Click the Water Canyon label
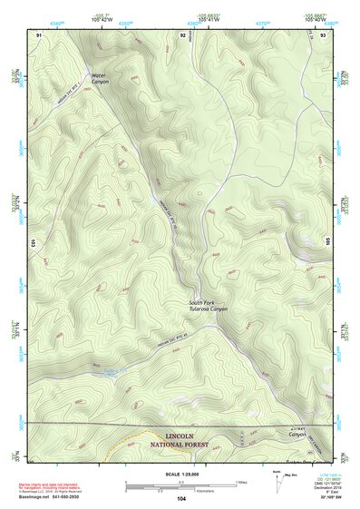pyautogui.click(x=101, y=76)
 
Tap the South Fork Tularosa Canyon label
pyautogui.click(x=208, y=306)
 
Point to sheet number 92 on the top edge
pyautogui.click(x=183, y=34)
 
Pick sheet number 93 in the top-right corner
pyautogui.click(x=323, y=34)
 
